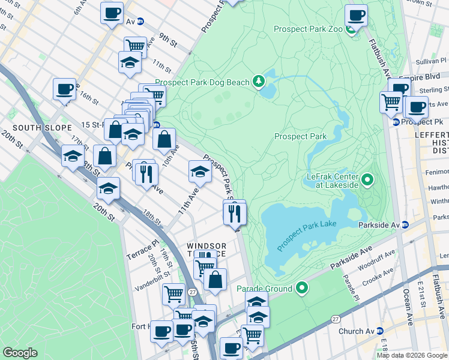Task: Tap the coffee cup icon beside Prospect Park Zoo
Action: [x=356, y=15]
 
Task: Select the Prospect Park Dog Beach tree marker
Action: [x=259, y=80]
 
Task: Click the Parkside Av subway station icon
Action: [x=405, y=225]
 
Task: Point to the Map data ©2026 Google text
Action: [x=412, y=355]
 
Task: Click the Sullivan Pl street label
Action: [x=431, y=61]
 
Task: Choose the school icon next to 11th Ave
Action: [x=200, y=172]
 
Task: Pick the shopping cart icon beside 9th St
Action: [x=136, y=46]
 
